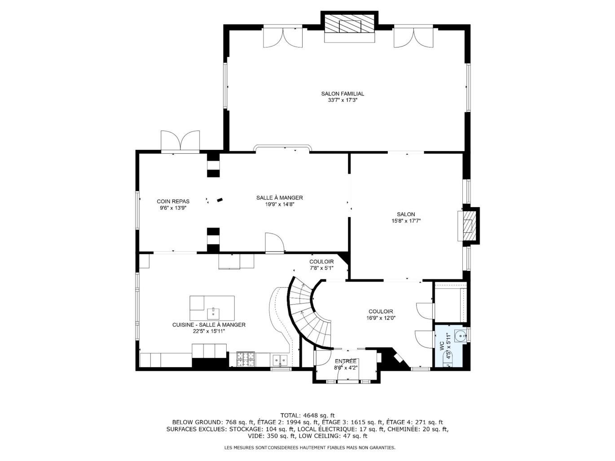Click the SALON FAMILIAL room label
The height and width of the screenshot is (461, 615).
(x=342, y=94)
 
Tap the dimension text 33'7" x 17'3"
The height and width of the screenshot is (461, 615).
(x=342, y=100)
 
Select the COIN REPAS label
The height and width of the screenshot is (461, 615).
(x=173, y=201)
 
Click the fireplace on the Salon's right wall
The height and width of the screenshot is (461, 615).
(x=469, y=225)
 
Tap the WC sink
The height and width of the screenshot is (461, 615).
(x=460, y=335)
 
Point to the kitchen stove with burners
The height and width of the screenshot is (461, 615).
(x=245, y=359)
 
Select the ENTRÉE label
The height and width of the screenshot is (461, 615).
(x=346, y=361)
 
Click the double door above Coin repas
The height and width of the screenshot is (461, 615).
(x=180, y=141)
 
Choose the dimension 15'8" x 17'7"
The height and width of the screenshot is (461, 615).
(x=406, y=221)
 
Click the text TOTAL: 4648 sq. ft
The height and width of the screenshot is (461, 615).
(x=307, y=415)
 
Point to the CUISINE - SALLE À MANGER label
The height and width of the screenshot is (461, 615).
(x=209, y=325)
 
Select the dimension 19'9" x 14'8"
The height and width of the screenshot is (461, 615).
(x=279, y=204)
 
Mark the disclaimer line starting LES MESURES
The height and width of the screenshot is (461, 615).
(x=310, y=448)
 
